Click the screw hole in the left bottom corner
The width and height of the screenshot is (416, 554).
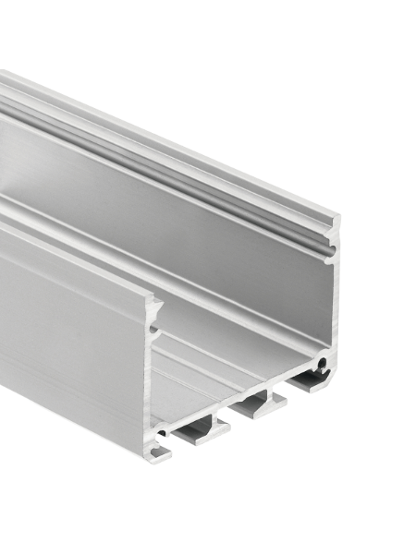point(163,429)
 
